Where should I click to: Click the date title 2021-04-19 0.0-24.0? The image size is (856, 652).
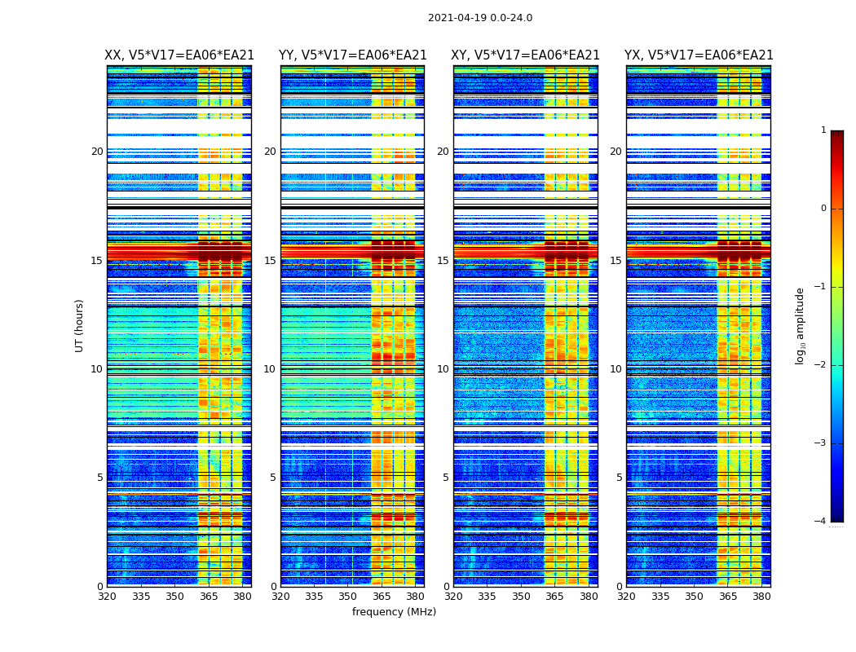pyautogui.click(x=480, y=18)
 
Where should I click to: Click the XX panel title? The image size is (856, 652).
pyautogui.click(x=179, y=55)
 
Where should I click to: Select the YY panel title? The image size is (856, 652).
pyautogui.click(x=352, y=55)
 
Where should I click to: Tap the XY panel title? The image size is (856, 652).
pyautogui.click(x=526, y=55)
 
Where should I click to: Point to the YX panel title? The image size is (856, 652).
pyautogui.click(x=699, y=55)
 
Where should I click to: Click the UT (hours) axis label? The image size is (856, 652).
pyautogui.click(x=80, y=325)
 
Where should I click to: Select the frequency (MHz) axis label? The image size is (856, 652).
pyautogui.click(x=394, y=612)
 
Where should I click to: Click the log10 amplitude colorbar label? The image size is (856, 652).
pyautogui.click(x=801, y=325)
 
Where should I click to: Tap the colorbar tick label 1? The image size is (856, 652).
pyautogui.click(x=823, y=130)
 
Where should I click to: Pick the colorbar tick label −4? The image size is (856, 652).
pyautogui.click(x=820, y=522)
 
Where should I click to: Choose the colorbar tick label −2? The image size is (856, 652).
pyautogui.click(x=820, y=365)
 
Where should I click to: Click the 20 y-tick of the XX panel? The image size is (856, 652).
pyautogui.click(x=97, y=152)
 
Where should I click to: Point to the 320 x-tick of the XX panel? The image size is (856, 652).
pyautogui.click(x=108, y=597)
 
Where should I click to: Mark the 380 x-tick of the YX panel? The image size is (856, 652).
pyautogui.click(x=761, y=597)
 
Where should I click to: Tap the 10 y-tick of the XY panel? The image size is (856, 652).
pyautogui.click(x=442, y=369)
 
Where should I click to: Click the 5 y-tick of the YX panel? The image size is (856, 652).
pyautogui.click(x=619, y=478)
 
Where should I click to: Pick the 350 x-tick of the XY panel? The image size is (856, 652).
pyautogui.click(x=521, y=597)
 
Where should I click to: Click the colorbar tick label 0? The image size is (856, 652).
pyautogui.click(x=823, y=209)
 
